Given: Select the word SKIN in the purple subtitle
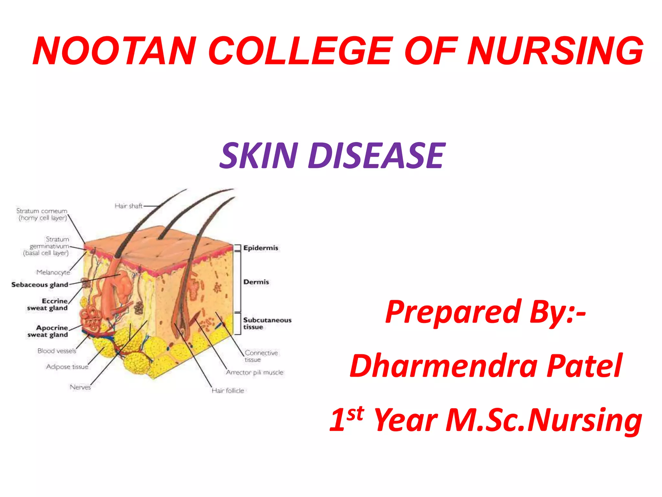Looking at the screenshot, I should coord(259,156).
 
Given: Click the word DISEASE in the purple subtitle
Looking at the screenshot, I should coord(377,156).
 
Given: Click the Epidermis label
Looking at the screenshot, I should coord(261,248).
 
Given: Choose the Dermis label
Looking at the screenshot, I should coord(256,282).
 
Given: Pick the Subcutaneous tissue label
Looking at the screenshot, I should coord(267,323).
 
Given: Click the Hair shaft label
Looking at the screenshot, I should coord(128,206).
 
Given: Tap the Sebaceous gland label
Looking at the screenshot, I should coord(40,285).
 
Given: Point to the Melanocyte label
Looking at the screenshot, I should coord(53,272).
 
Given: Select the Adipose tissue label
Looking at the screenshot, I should coord(67,367).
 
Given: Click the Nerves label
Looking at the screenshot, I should coord(80,387).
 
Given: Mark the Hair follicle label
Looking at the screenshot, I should coord(228,391).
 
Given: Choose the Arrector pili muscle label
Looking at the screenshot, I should coord(255,372).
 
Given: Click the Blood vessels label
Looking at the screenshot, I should coord(57,351).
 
